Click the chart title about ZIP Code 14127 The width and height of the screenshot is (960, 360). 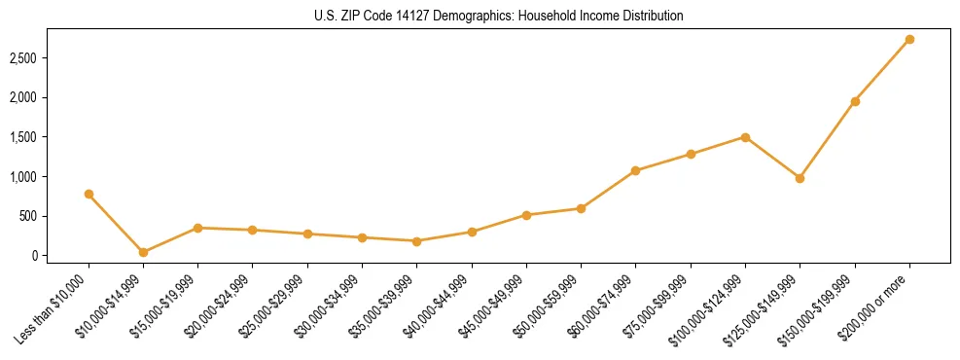(x=499, y=16)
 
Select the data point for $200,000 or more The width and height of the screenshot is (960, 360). (x=909, y=40)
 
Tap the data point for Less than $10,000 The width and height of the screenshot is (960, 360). (x=89, y=194)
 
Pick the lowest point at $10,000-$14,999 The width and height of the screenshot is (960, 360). (x=143, y=252)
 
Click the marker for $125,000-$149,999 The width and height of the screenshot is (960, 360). (x=800, y=178)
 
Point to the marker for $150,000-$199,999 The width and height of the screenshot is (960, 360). (x=855, y=101)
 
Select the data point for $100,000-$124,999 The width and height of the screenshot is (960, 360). (x=745, y=137)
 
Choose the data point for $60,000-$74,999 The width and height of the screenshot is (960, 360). (x=635, y=170)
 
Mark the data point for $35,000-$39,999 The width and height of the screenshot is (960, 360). (x=416, y=241)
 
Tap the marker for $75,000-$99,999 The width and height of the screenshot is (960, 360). (x=691, y=154)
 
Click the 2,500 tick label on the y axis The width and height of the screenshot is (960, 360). (x=22, y=58)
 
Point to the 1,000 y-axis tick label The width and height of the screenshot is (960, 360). (x=22, y=177)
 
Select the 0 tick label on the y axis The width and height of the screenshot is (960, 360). (x=33, y=256)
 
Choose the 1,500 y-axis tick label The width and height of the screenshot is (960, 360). (x=22, y=137)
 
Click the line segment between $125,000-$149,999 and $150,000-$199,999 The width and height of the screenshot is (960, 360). (x=828, y=139)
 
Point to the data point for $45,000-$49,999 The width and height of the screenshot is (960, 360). (x=526, y=215)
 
